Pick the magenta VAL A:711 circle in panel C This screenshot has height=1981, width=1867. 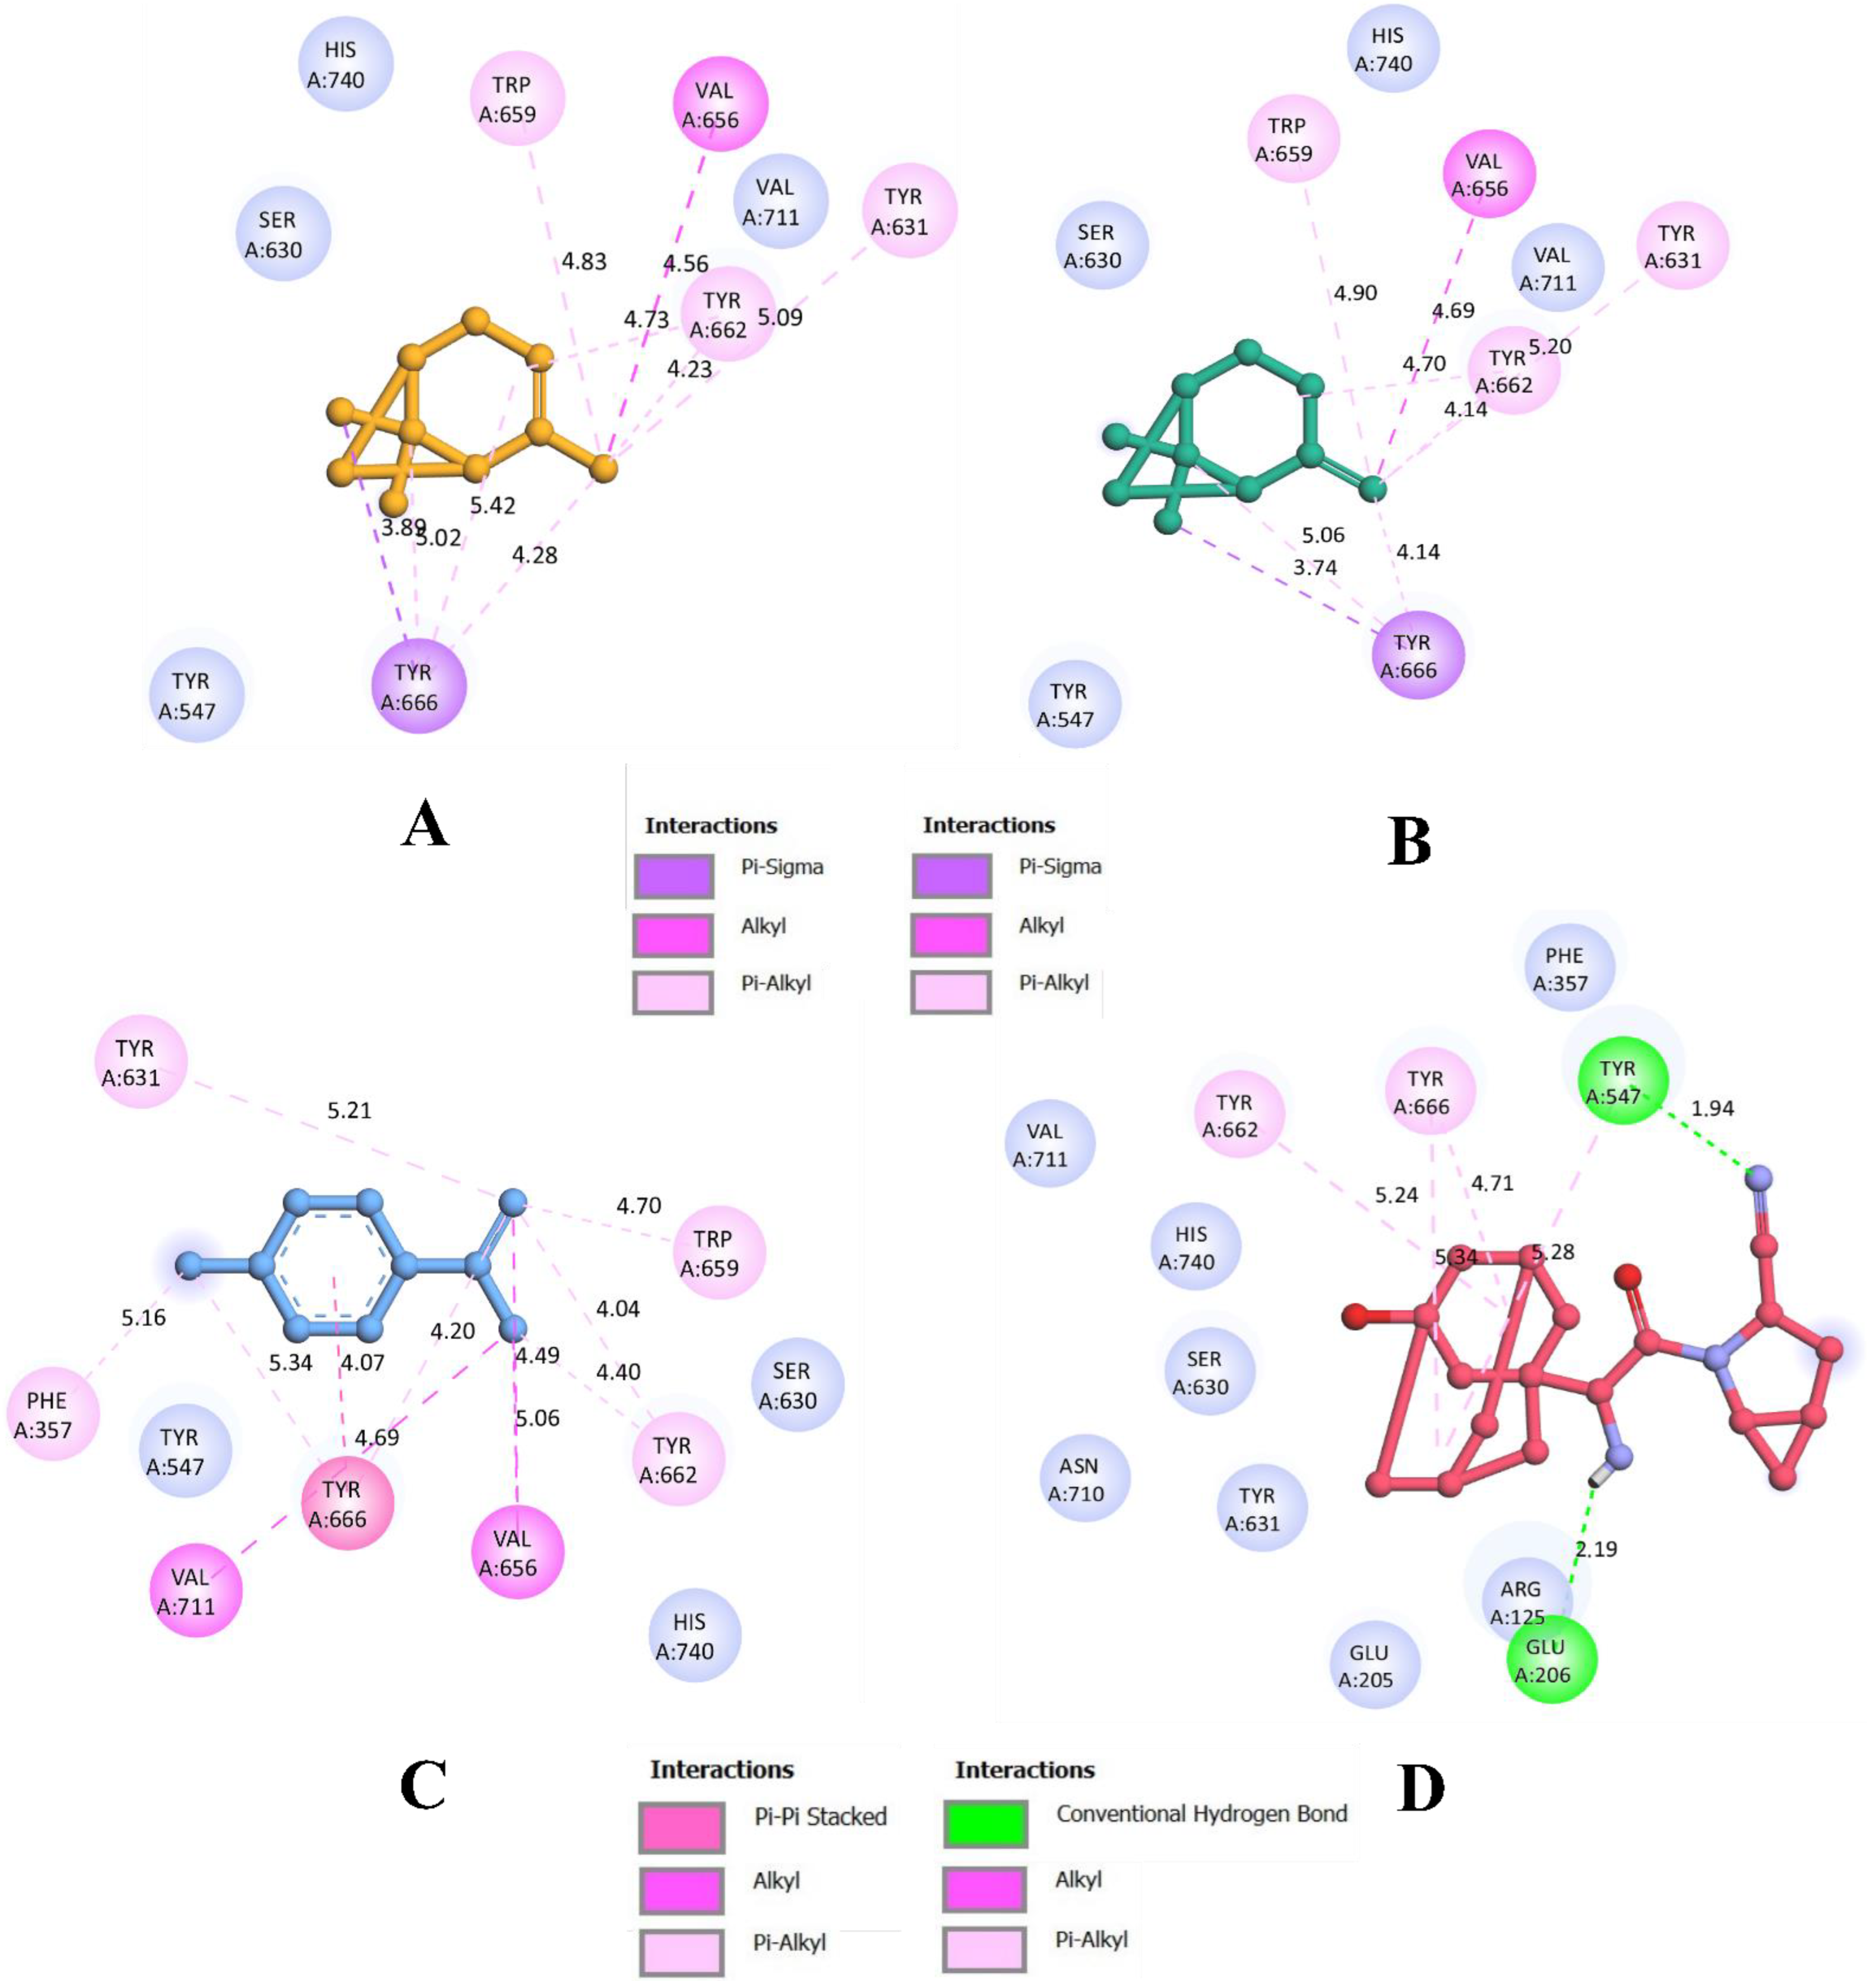point(195,1591)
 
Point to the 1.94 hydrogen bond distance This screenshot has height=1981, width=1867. point(1713,1108)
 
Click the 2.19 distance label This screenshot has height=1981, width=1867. point(1595,1548)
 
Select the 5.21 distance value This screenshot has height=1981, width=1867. point(349,1110)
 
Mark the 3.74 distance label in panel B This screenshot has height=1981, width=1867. point(1314,567)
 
